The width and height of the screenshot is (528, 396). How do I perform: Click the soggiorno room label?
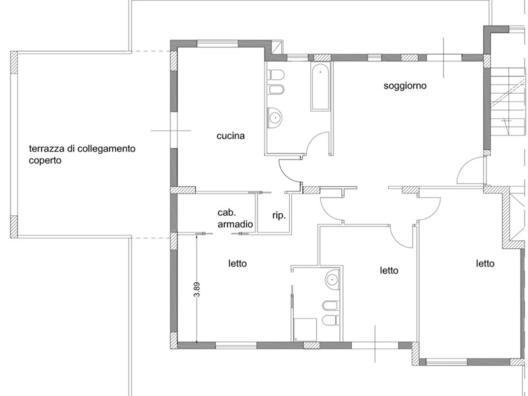click(405, 86)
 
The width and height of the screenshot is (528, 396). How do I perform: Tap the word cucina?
click(230, 137)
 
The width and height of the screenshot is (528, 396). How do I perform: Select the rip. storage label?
click(279, 214)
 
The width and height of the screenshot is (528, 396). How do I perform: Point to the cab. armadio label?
click(235, 219)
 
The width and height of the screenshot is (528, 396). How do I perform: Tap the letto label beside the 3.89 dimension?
click(238, 263)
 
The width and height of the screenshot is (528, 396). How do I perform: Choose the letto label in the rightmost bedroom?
click(485, 263)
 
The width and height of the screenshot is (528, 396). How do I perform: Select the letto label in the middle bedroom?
click(389, 271)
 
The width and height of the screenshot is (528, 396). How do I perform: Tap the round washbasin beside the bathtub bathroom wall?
click(275, 118)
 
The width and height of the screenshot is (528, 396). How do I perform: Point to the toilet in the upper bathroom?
click(275, 73)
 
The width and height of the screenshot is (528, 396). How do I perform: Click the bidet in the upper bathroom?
click(275, 90)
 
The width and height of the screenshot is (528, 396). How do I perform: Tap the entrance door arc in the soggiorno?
click(470, 172)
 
